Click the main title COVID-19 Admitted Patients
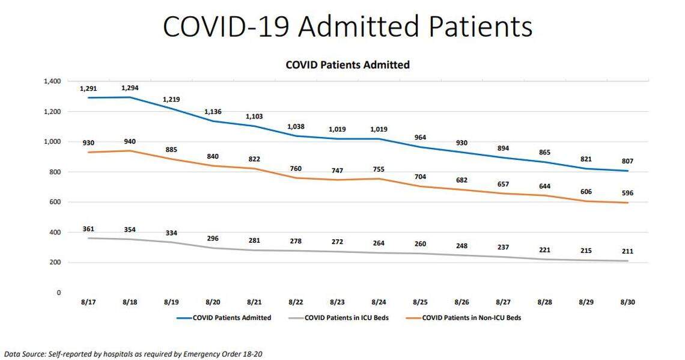[x=347, y=27]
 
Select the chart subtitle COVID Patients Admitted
[x=347, y=64]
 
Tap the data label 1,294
[x=130, y=88]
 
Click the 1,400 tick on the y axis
[x=52, y=81]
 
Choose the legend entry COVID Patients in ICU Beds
[x=346, y=317]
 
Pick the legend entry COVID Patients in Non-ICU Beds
[x=471, y=317]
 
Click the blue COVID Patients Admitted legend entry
[x=231, y=317]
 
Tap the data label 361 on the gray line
[x=88, y=229]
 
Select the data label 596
[x=628, y=193]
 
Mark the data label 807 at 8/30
[x=628, y=161]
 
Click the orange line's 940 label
[x=130, y=142]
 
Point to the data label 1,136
[x=213, y=111]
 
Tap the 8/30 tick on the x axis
[x=628, y=302]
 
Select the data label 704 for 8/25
[x=420, y=177]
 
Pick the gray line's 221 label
[x=545, y=249]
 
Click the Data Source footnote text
[x=133, y=354]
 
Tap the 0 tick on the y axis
[x=58, y=293]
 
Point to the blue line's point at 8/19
[x=171, y=108]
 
